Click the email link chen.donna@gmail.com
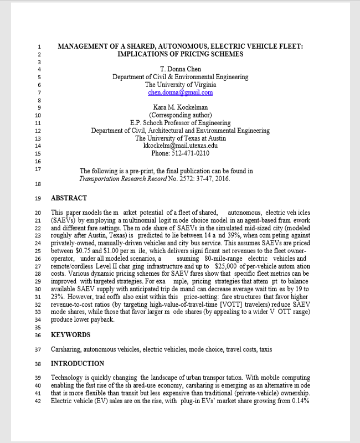180,92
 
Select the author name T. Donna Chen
180,69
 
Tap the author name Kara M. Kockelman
180,107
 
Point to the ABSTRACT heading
69,198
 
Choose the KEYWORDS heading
70,335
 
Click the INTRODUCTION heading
78,364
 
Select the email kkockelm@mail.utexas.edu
180,146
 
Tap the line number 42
37,401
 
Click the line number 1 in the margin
39,47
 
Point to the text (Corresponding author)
180,115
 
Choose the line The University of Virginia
180,85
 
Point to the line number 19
37,198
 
